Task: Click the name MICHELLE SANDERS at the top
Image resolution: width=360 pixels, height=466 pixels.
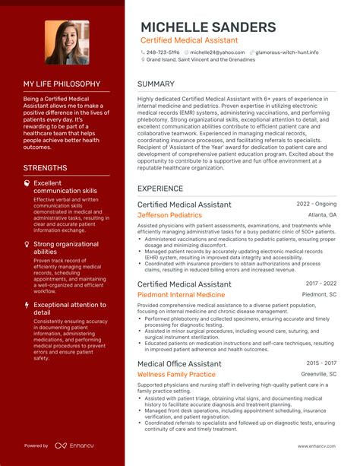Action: tap(208, 27)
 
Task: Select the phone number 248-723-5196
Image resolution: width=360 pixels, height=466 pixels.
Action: tap(163, 52)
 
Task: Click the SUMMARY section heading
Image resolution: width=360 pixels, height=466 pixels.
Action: tap(156, 84)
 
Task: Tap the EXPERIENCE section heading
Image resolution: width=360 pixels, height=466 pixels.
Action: tap(160, 188)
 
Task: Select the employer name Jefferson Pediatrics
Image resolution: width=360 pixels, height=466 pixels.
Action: tap(169, 215)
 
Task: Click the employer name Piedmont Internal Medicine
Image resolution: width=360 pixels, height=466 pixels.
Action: tap(181, 294)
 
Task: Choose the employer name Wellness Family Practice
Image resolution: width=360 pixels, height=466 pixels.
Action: tap(176, 374)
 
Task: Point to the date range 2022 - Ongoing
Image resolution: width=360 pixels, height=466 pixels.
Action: tap(317, 204)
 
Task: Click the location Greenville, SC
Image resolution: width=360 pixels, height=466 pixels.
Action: tap(319, 374)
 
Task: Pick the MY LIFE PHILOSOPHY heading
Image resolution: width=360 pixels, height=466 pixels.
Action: tap(62, 84)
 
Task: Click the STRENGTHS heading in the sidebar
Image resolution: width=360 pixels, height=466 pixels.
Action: tap(45, 168)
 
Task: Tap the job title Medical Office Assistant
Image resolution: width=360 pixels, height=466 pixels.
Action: tap(179, 364)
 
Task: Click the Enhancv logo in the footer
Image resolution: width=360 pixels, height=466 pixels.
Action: tap(77, 446)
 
